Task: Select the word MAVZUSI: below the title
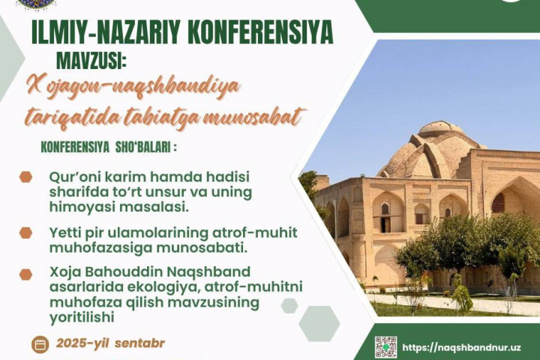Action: coord(91,61)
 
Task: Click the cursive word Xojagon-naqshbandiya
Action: coord(133,88)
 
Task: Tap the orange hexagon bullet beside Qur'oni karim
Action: coord(25,177)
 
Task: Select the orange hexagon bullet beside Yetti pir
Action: coord(25,233)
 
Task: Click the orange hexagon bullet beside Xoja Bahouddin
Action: coord(25,274)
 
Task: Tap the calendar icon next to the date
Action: coord(40,344)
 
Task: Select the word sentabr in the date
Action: coord(139,343)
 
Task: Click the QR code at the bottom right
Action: coord(385,347)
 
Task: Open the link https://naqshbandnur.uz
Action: coord(461,347)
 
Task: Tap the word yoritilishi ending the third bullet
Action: coord(82,317)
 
